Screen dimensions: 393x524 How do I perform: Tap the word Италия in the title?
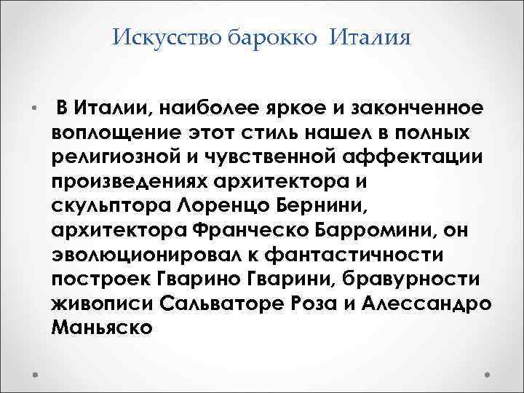pos(370,37)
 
